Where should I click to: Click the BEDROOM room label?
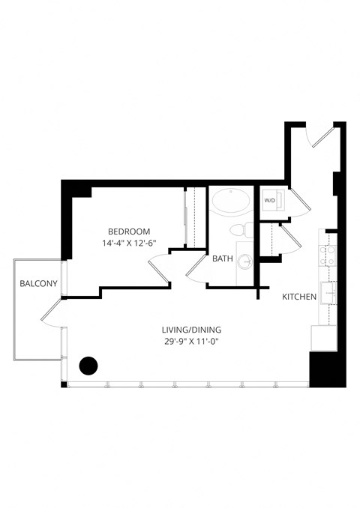tap(129, 231)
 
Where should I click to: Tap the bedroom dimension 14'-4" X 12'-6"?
tap(129, 243)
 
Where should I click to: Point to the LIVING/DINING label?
tap(192, 330)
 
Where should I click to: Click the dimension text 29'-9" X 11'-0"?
tap(192, 342)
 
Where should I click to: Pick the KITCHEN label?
tap(298, 297)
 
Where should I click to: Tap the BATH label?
tap(222, 259)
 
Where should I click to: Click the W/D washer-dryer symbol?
tap(269, 201)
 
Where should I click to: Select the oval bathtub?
tap(232, 201)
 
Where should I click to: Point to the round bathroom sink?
tap(246, 261)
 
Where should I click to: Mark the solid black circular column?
tap(88, 366)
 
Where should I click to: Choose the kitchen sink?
tap(328, 290)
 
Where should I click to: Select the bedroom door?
tap(160, 268)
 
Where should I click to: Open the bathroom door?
tap(196, 267)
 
